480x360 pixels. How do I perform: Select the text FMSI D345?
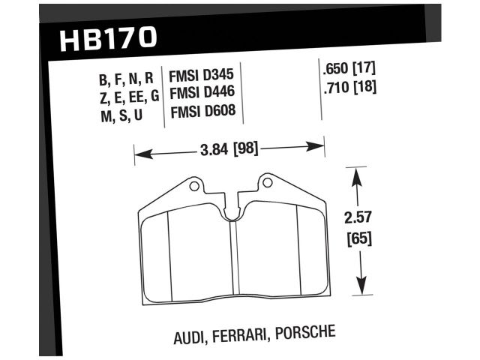coord(202,76)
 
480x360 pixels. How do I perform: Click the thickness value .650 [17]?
coord(348,70)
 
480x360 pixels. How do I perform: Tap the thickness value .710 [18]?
coord(348,86)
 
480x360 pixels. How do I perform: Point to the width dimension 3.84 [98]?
coord(229,148)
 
